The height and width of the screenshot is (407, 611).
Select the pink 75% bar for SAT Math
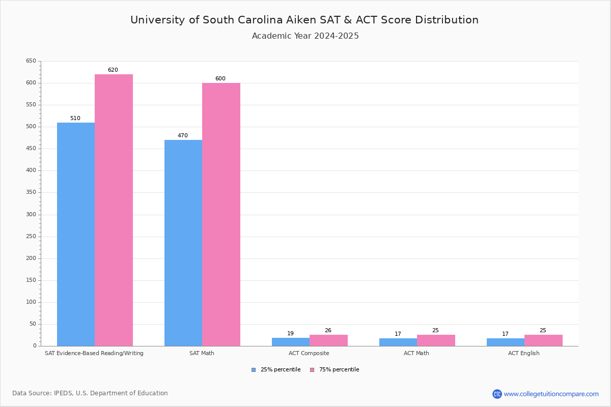coord(221,214)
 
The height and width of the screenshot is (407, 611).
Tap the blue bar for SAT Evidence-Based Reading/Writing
coord(76,234)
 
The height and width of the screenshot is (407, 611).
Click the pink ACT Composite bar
coord(328,340)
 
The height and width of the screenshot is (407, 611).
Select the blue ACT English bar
coord(506,342)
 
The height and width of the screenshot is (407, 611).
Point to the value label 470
coord(183,136)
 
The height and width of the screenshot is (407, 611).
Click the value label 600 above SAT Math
coord(220,79)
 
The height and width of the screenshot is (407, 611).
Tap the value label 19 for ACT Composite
coord(290,334)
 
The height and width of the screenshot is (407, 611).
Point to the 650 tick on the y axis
coord(31,61)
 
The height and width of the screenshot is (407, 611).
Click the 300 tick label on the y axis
coord(31,215)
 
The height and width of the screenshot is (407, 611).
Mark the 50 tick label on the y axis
coord(33,324)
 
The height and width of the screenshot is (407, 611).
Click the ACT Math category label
coord(416,353)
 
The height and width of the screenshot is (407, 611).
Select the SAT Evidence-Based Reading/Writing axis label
coord(94,353)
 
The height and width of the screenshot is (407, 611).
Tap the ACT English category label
coord(524,353)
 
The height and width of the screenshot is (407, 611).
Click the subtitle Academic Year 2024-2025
coord(305,36)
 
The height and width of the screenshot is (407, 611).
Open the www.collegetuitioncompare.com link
coord(551,394)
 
